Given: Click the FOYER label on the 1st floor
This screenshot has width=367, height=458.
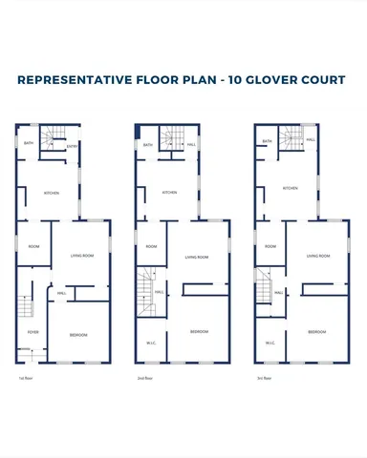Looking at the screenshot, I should [x=32, y=332].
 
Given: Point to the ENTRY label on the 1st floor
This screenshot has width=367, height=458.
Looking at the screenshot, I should [x=72, y=146].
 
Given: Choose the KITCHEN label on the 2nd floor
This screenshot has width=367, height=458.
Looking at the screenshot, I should [x=169, y=193].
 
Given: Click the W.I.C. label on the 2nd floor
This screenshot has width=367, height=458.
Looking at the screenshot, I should [x=151, y=343].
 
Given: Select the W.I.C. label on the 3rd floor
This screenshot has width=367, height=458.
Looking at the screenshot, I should [x=270, y=343].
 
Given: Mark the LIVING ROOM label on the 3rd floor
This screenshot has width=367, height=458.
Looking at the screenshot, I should [x=318, y=256].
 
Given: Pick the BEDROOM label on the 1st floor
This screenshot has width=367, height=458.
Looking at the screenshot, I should [x=80, y=335].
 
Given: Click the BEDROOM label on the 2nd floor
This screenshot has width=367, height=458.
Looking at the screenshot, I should [x=199, y=331].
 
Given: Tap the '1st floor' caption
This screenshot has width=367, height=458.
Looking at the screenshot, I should [x=25, y=378].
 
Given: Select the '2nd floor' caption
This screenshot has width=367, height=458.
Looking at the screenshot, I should [x=144, y=378].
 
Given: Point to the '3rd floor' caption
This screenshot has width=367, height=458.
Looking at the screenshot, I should [x=264, y=378].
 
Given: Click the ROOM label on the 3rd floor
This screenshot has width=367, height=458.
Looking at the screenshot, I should [x=270, y=246].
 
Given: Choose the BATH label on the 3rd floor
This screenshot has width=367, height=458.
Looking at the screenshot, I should [x=266, y=142].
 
